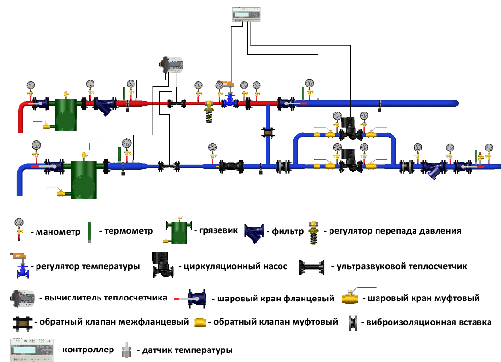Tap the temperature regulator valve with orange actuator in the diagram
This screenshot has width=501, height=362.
[230, 94]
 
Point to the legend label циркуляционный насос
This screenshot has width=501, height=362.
[232, 266]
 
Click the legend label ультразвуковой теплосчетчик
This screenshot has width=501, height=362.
[402, 266]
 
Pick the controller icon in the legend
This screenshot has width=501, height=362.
[31, 349]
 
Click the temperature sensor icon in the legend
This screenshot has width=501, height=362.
[126, 350]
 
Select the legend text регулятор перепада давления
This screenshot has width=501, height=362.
[395, 231]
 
